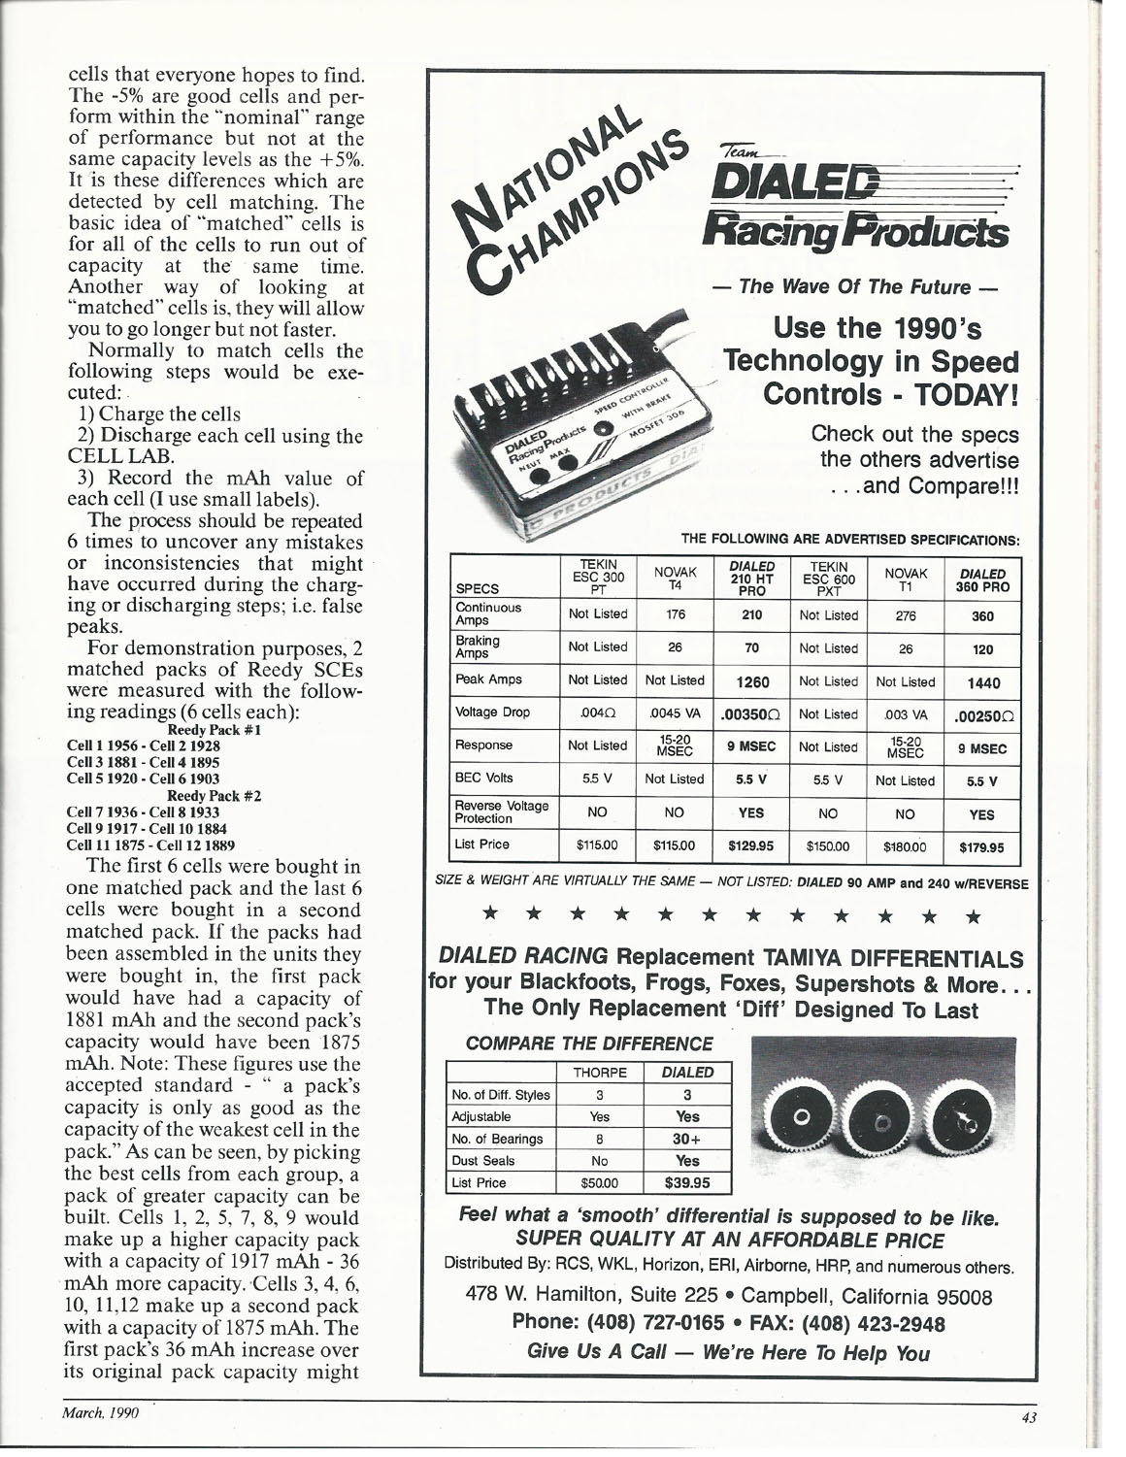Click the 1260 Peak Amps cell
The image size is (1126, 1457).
click(752, 681)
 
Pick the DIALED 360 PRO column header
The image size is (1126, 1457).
click(981, 580)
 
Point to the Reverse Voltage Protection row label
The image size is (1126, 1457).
click(502, 812)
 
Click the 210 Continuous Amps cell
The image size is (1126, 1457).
click(752, 614)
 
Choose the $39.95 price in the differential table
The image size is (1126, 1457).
click(687, 1182)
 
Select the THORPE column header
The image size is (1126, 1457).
click(599, 1073)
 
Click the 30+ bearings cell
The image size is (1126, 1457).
click(687, 1139)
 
